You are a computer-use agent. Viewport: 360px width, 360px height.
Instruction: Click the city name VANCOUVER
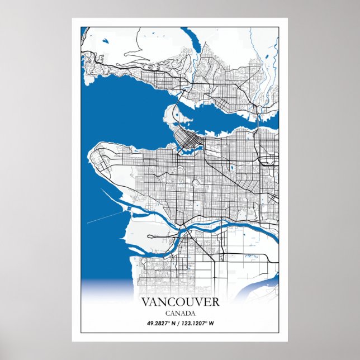tap(180, 302)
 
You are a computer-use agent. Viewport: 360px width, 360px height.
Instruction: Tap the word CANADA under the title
tap(180, 313)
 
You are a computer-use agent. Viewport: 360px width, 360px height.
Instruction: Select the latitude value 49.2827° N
tap(163, 323)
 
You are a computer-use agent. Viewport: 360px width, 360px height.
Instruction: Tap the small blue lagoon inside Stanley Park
tap(176, 116)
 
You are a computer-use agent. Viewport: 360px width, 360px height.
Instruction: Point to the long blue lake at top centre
tap(195, 41)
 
